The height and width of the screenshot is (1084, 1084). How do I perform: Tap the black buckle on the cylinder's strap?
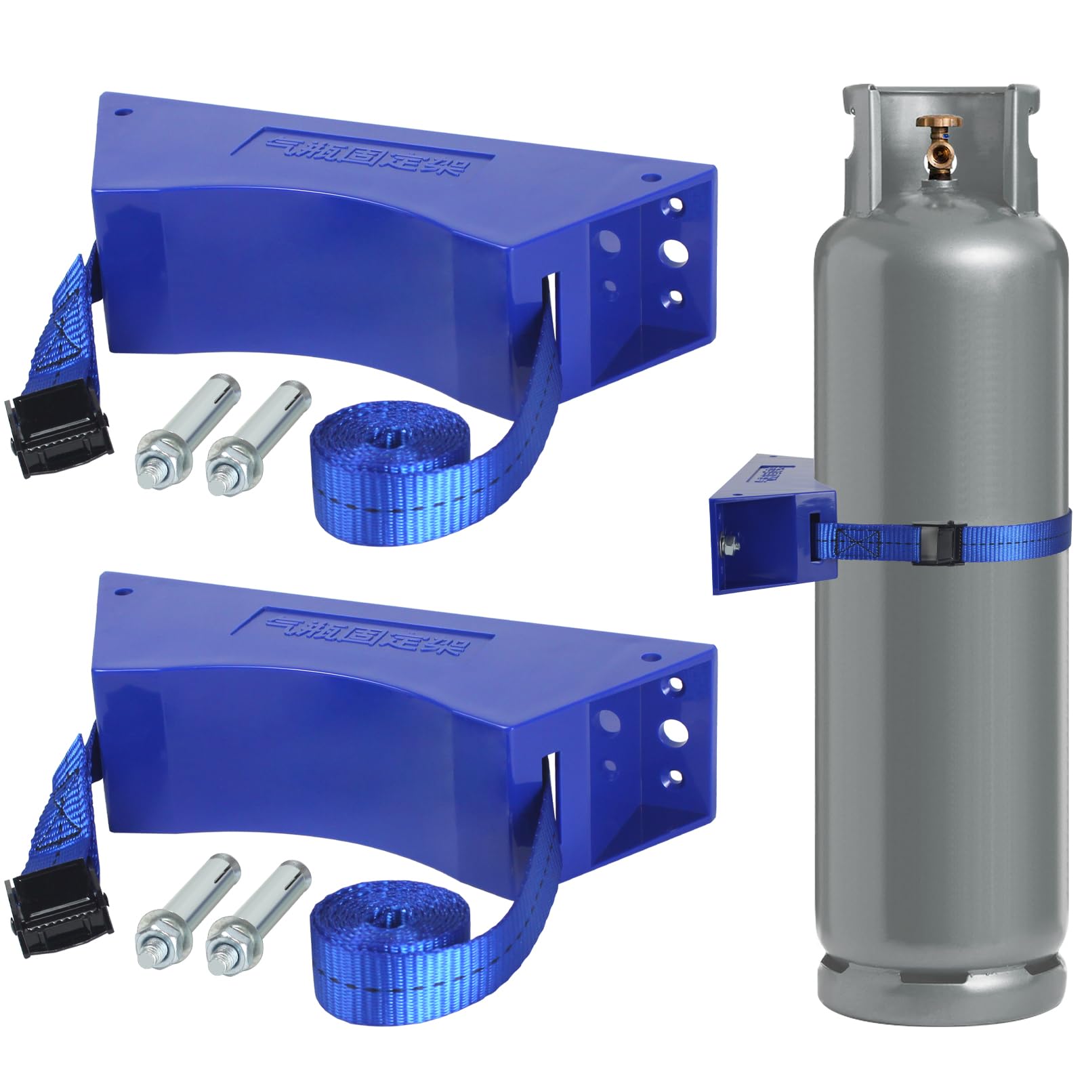pyautogui.click(x=926, y=543)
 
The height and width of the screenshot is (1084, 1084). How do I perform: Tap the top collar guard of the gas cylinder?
pyautogui.click(x=940, y=98)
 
